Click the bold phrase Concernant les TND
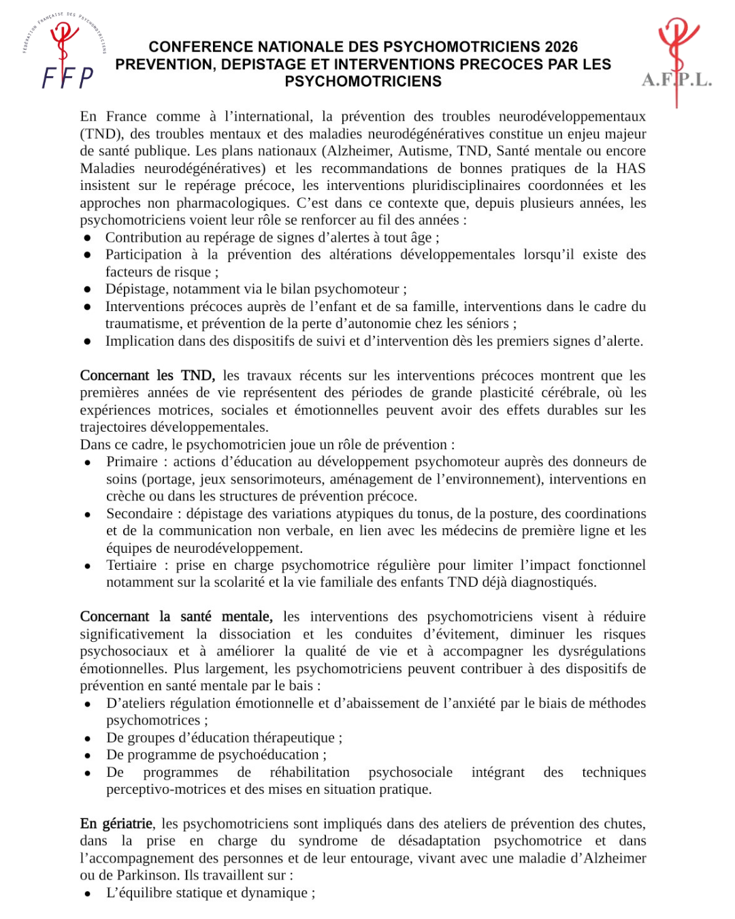point(147,376)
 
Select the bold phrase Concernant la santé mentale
point(176,617)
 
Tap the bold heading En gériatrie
point(117,824)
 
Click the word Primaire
point(132,462)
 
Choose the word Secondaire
point(140,514)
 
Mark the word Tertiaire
point(131,565)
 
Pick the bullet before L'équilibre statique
point(88,894)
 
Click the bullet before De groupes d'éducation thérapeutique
point(88,739)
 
